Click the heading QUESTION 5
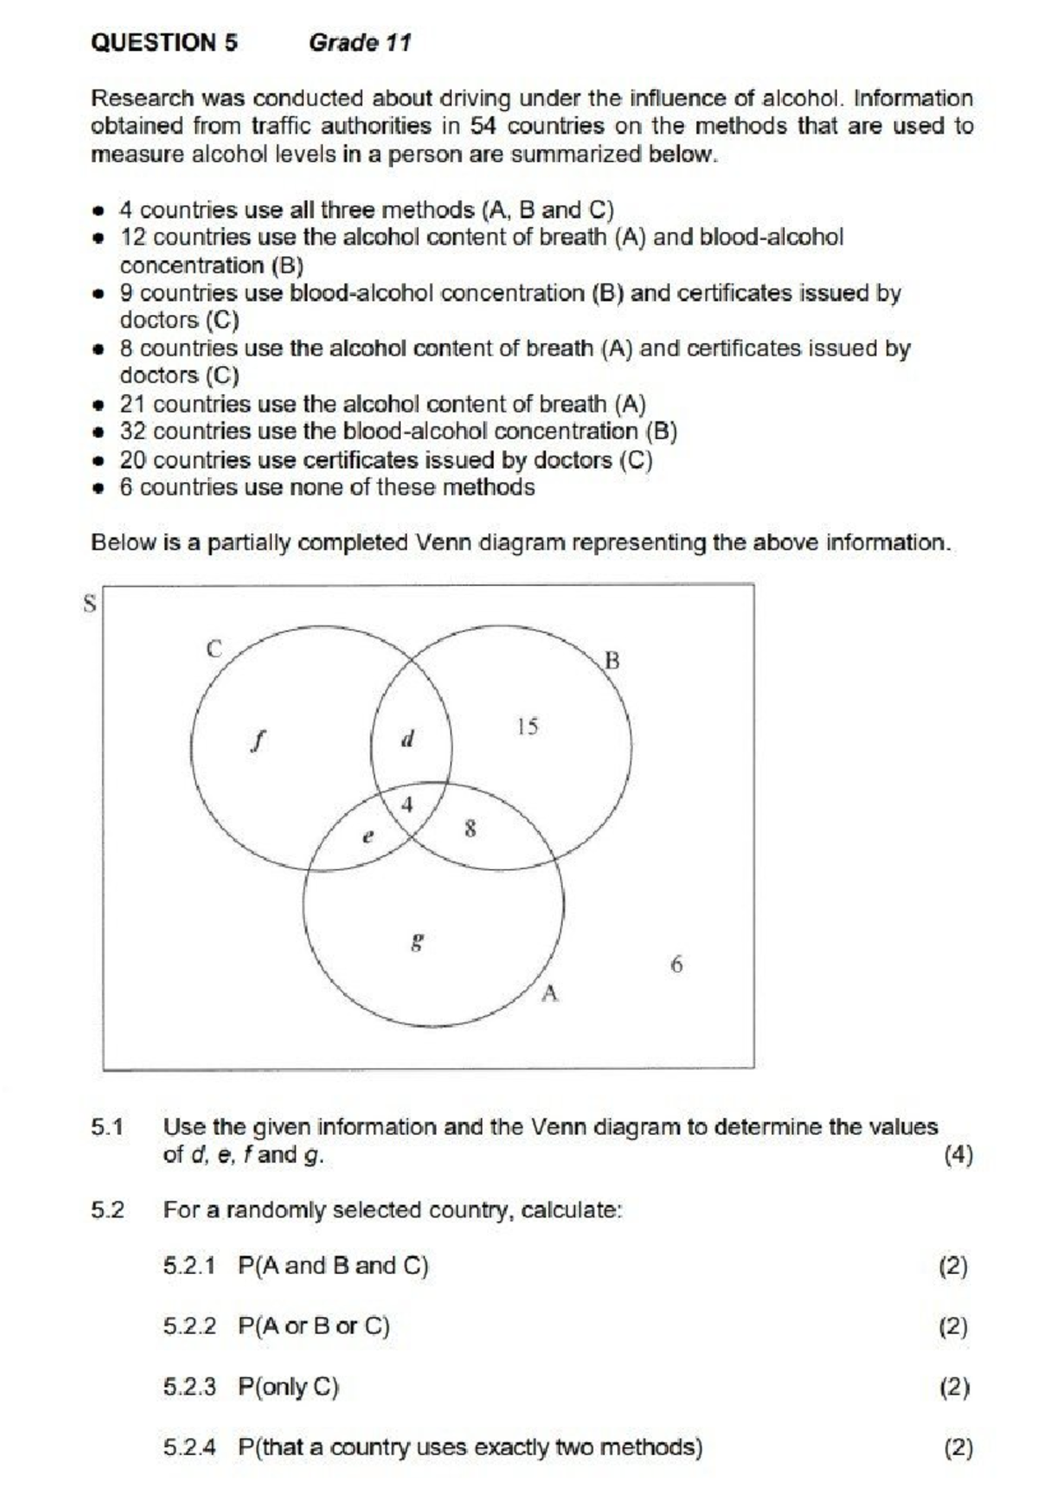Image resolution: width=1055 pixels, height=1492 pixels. point(164,43)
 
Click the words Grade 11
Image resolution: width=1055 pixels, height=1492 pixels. point(360,43)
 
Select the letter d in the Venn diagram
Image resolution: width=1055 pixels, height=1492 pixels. point(407,739)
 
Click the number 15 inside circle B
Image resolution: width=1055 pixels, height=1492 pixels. point(527,727)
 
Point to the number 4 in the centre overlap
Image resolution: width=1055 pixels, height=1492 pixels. point(407,804)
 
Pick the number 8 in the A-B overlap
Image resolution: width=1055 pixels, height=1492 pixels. point(470,828)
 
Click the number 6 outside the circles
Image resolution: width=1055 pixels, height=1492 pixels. point(676,964)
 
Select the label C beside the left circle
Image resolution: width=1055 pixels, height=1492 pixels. point(214,649)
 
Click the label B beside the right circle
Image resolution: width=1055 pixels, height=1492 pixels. point(612,661)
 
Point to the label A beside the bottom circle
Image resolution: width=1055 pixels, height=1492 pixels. point(550,994)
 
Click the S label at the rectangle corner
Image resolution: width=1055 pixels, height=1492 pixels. point(89,604)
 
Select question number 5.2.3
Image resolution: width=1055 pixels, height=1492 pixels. point(189,1387)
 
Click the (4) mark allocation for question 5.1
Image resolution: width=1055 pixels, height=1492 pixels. point(957,1155)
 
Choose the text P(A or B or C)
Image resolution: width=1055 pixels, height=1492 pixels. point(314,1326)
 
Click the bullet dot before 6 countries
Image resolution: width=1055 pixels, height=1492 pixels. point(102,487)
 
